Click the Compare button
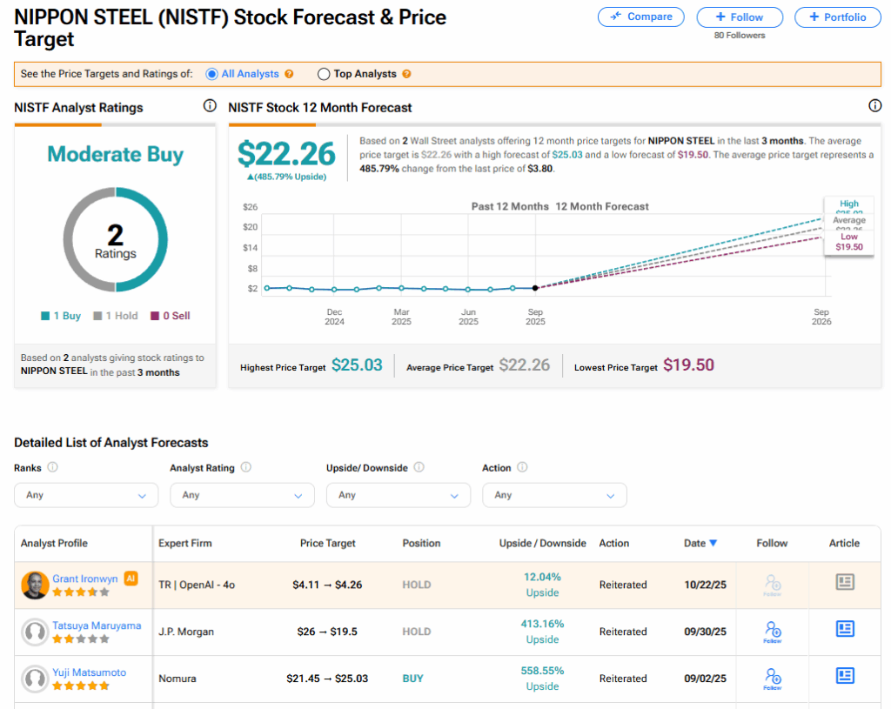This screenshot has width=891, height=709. pyautogui.click(x=641, y=17)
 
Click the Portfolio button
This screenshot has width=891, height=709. pyautogui.click(x=837, y=17)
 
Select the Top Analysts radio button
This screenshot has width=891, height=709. pyautogui.click(x=324, y=75)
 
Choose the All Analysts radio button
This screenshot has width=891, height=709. pyautogui.click(x=211, y=75)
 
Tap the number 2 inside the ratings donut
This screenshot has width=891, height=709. pyautogui.click(x=115, y=233)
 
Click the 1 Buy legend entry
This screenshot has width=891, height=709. pyautogui.click(x=61, y=316)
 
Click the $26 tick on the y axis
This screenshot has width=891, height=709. pyautogui.click(x=251, y=207)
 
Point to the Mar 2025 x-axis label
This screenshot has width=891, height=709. pyautogui.click(x=401, y=317)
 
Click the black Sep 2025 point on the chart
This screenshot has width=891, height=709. pyautogui.click(x=534, y=288)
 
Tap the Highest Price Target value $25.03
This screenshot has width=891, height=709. pyautogui.click(x=357, y=365)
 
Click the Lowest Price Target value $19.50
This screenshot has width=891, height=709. pyautogui.click(x=688, y=365)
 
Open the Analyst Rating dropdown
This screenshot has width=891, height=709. pyautogui.click(x=242, y=495)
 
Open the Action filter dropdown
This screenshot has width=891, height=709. pyautogui.click(x=554, y=495)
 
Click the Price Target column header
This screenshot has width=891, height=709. pyautogui.click(x=328, y=544)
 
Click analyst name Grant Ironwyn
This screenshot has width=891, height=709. pyautogui.click(x=85, y=579)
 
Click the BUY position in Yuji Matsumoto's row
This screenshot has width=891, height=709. pyautogui.click(x=412, y=679)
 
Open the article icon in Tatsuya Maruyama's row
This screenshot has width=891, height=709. pyautogui.click(x=844, y=629)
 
